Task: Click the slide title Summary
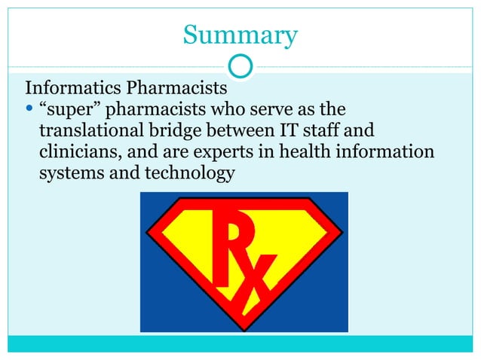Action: [240, 35]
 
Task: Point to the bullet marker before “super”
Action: [29, 108]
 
